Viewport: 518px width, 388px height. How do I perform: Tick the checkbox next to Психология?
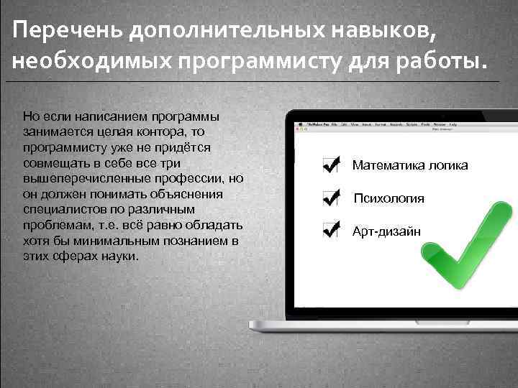click(x=331, y=198)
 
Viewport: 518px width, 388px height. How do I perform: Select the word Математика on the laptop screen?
click(x=384, y=165)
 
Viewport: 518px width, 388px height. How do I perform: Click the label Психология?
click(x=388, y=198)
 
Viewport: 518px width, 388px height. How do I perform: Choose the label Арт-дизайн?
click(x=386, y=231)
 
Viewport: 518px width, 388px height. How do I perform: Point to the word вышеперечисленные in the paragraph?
click(x=77, y=178)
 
